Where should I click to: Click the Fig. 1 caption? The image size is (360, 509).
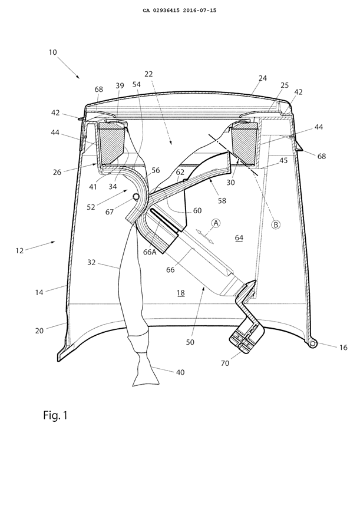pyautogui.click(x=55, y=415)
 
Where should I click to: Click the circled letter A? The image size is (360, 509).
pyautogui.click(x=216, y=223)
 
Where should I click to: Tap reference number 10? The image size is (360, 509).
pyautogui.click(x=54, y=52)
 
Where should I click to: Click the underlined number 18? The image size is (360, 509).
pyautogui.click(x=180, y=292)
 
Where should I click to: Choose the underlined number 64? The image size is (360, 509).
pyautogui.click(x=239, y=237)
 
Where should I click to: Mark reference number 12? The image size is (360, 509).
pyautogui.click(x=21, y=250)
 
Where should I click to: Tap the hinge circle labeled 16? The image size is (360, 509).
pyautogui.click(x=312, y=343)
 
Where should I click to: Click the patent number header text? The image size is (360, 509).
pyautogui.click(x=179, y=10)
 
